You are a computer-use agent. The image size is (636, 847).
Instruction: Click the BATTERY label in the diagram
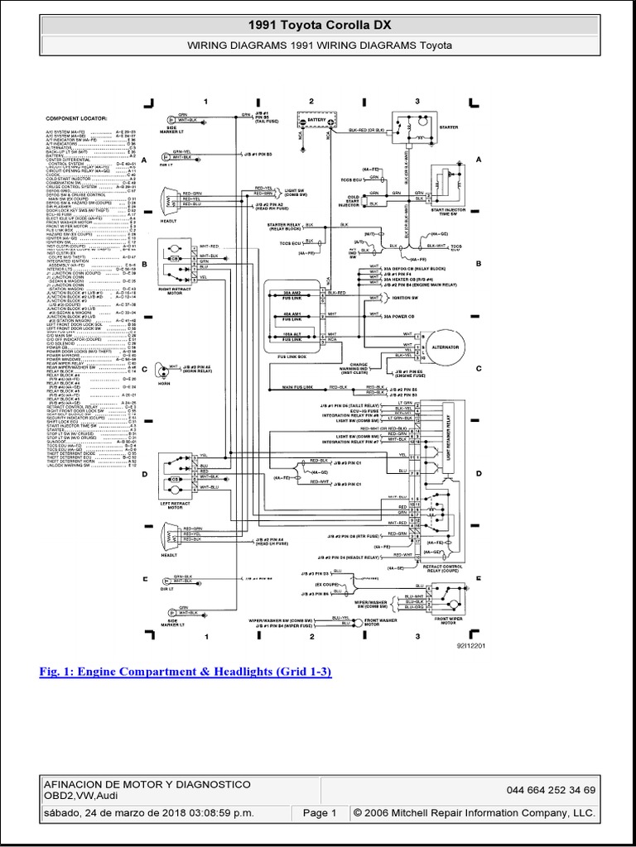(x=317, y=120)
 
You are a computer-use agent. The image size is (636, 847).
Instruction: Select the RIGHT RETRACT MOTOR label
(x=173, y=290)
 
